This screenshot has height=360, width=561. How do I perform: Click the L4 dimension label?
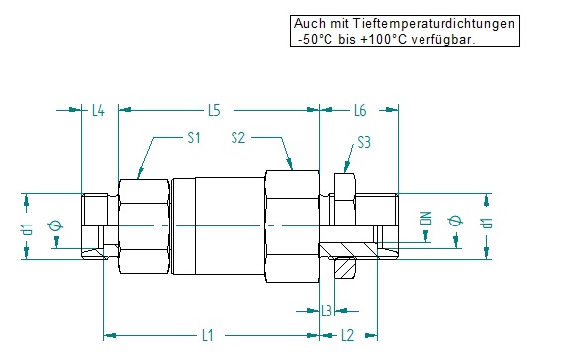pos(98,110)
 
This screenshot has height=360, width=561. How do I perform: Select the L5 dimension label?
pos(214,110)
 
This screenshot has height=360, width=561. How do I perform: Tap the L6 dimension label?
pos(360,110)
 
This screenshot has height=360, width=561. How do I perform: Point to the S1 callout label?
pos(194,137)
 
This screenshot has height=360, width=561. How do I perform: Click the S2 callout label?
pos(238,137)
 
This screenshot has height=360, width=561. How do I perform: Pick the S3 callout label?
pos(364,143)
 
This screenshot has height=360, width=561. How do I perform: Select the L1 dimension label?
pos(207,335)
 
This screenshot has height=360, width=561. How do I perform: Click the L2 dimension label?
pos(347,335)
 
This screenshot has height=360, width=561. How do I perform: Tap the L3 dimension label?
pos(327,311)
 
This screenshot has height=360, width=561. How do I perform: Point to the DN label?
pos(426,218)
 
